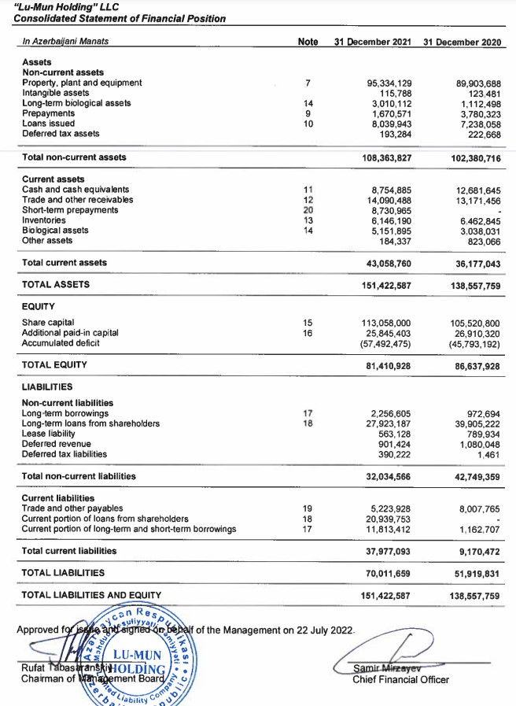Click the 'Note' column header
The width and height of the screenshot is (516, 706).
308,41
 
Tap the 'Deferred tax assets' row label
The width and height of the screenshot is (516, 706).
60,134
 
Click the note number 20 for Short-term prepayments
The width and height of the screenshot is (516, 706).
308,210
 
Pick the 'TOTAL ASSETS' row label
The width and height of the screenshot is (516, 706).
56,284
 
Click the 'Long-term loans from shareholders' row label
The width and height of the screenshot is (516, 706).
90,423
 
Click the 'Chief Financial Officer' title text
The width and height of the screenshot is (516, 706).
400,679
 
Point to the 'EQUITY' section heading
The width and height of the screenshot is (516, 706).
39,305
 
